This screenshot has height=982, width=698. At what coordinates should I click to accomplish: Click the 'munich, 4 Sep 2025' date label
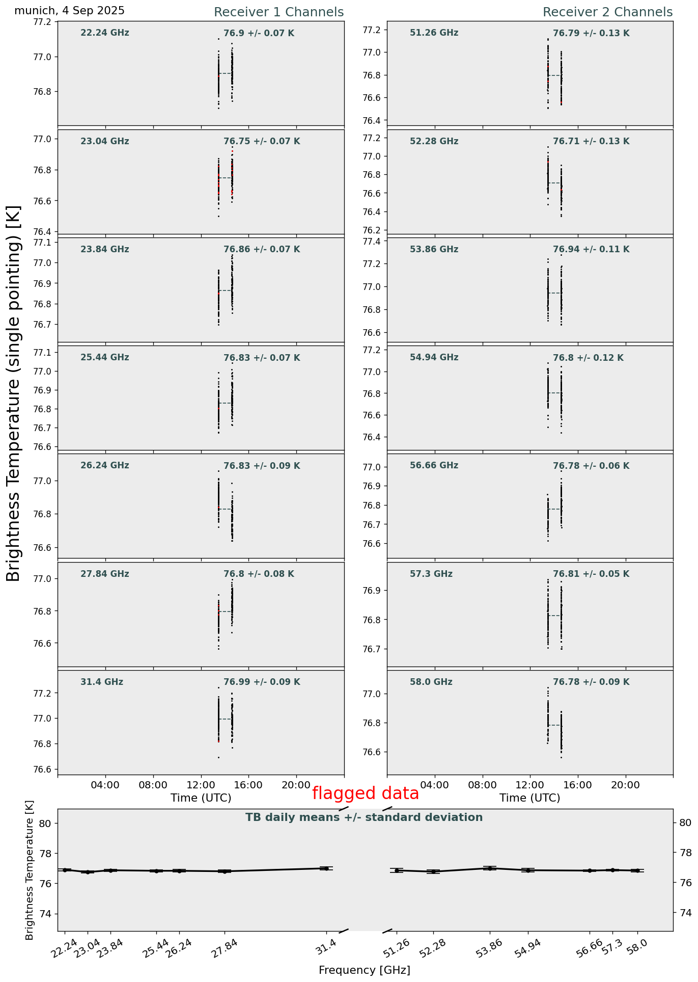tap(69, 11)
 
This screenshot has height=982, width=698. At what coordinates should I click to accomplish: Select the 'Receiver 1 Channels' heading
tap(278, 12)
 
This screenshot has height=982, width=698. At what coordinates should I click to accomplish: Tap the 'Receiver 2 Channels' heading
tap(607, 12)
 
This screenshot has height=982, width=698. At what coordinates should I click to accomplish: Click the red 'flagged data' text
tap(365, 793)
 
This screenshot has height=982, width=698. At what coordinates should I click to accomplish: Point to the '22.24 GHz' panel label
tap(105, 33)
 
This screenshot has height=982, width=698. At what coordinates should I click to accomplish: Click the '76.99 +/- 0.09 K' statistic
tap(262, 682)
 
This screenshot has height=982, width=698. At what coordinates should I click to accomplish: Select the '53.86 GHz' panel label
tap(434, 249)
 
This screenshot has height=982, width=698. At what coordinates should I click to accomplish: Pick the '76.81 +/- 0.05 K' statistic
tap(591, 574)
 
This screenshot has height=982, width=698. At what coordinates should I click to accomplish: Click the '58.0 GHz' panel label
tap(431, 682)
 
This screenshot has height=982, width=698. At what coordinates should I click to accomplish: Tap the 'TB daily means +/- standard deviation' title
tap(364, 817)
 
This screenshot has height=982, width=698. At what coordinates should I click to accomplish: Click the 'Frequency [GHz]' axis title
tap(364, 970)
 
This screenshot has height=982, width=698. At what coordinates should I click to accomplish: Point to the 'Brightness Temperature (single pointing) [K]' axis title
tap(14, 393)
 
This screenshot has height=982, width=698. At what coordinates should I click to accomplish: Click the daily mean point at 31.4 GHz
tap(326, 868)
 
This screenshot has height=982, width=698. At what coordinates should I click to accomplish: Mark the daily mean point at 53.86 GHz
tap(490, 868)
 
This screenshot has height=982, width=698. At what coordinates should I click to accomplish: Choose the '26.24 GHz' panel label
tap(105, 465)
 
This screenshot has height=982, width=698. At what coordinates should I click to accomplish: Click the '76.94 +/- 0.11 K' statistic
tap(591, 249)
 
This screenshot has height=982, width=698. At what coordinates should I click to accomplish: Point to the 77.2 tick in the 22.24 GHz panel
tap(43, 21)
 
